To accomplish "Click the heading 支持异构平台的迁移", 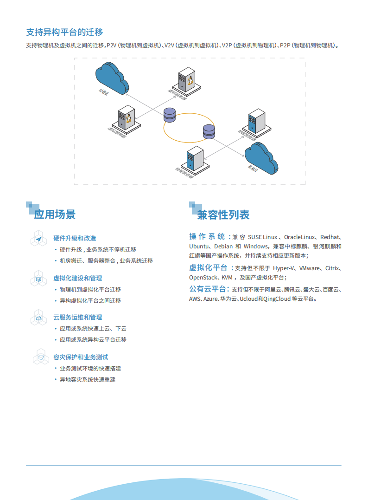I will [64, 32].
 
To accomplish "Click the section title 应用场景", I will [55, 214].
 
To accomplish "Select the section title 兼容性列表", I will [223, 215].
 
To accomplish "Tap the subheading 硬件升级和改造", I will [75, 238].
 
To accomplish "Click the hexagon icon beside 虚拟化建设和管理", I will [39, 279].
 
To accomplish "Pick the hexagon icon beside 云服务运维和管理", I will [39, 318].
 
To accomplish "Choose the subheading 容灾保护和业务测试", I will [81, 357].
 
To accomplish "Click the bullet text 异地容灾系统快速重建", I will [88, 380].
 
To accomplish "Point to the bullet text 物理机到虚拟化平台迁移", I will [90, 290].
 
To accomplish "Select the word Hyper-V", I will [284, 268].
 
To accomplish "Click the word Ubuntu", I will [199, 247].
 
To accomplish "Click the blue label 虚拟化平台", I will [208, 267].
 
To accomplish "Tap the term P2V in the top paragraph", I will [112, 45].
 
